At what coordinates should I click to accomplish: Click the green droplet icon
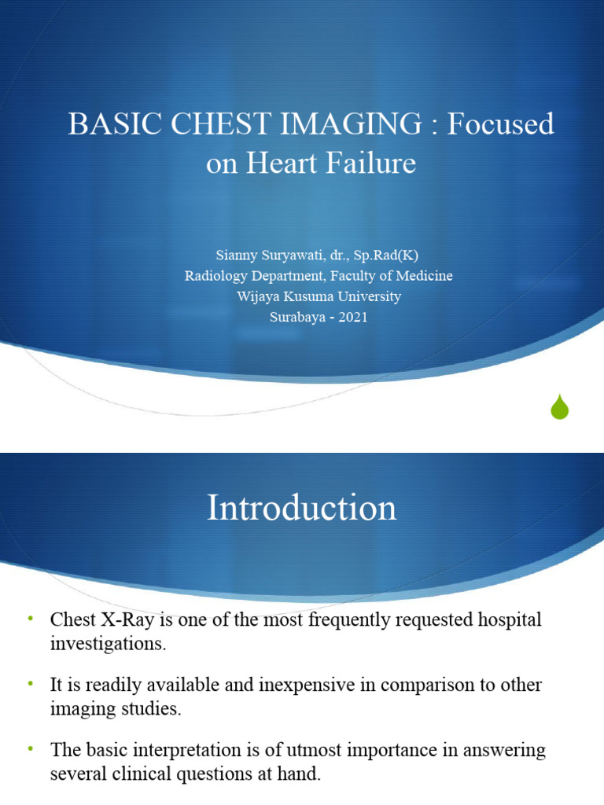(559, 406)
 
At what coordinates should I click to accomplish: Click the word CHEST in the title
(201, 125)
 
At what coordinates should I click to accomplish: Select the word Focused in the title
(501, 125)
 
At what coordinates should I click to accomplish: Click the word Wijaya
(257, 297)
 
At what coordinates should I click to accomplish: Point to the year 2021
(353, 318)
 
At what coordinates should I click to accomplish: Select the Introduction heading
(302, 508)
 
